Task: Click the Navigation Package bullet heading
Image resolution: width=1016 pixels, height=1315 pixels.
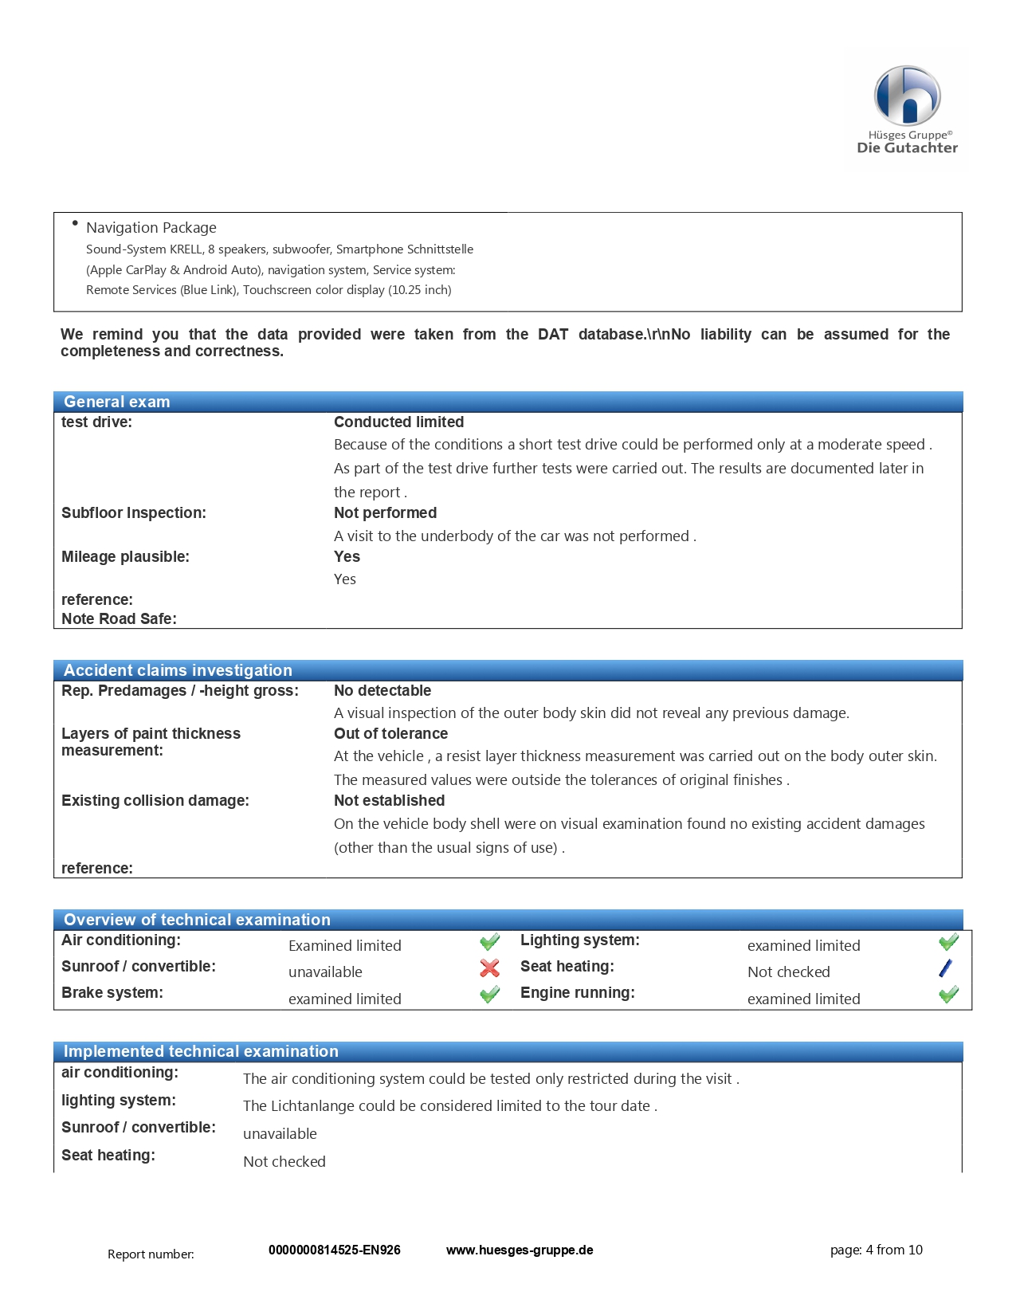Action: pos(151,228)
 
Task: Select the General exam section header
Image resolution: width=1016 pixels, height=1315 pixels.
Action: pos(117,402)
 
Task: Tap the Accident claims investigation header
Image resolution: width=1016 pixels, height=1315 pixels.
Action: pos(178,670)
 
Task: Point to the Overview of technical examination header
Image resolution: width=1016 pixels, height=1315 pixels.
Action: pos(197,920)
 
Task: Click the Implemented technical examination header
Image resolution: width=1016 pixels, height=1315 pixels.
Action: pos(201,1051)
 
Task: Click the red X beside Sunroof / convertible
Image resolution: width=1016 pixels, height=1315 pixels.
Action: pos(490,968)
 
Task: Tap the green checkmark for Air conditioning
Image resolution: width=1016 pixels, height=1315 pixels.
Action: pos(490,942)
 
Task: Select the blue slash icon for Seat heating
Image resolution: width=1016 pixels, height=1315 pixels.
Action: pos(946,968)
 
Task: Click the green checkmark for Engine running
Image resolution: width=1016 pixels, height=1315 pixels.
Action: pos(948,994)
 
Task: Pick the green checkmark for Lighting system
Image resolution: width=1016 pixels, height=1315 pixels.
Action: pos(948,942)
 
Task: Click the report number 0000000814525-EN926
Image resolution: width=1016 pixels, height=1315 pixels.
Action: pos(335,1250)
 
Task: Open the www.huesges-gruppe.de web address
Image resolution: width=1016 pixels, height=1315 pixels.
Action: pos(520,1250)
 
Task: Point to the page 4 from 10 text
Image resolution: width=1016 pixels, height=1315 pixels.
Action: pos(876,1250)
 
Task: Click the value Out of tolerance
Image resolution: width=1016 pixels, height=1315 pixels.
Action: pos(390,733)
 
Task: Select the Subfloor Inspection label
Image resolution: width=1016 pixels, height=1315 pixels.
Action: pos(134,512)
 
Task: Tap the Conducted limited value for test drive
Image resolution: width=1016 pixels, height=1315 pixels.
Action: pos(398,422)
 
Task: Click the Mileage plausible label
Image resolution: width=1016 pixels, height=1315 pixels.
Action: pos(125,556)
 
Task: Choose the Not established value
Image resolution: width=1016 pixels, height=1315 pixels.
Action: pos(389,800)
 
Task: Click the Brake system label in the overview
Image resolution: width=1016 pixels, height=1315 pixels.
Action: pos(112,992)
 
